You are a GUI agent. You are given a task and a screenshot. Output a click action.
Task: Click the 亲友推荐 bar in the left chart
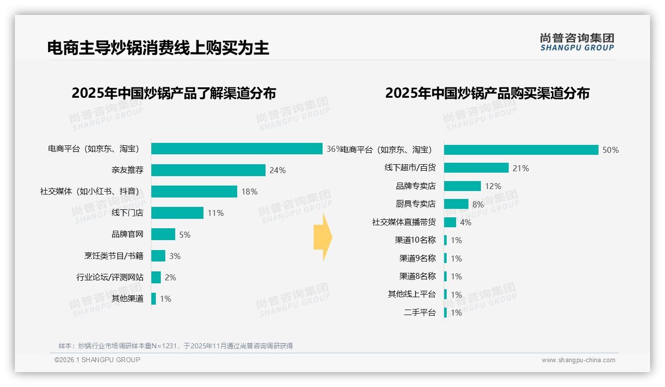pyautogui.click(x=208, y=170)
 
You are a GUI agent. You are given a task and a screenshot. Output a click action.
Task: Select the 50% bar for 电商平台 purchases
pyautogui.click(x=521, y=150)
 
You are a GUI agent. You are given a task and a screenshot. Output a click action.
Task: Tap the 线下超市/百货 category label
pyautogui.click(x=410, y=168)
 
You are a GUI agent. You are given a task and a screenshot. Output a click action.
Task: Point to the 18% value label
pyautogui.click(x=249, y=192)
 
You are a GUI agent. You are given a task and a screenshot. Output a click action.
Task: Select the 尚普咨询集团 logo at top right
pyautogui.click(x=577, y=42)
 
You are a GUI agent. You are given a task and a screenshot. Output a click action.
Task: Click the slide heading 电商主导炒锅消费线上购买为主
pyautogui.click(x=158, y=48)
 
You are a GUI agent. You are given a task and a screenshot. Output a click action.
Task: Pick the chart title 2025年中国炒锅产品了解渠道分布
pyautogui.click(x=174, y=93)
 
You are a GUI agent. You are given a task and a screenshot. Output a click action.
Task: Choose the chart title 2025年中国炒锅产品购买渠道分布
pyautogui.click(x=487, y=93)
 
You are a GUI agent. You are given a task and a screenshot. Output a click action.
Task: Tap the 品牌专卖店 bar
pyautogui.click(x=462, y=186)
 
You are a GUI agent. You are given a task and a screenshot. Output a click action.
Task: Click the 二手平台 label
pyautogui.click(x=420, y=313)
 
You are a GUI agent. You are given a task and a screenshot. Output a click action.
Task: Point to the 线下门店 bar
pyautogui.click(x=177, y=213)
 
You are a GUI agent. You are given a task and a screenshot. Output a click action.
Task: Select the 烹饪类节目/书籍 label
pyautogui.click(x=114, y=256)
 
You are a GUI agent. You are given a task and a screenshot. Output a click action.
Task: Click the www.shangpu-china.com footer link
pyautogui.click(x=578, y=360)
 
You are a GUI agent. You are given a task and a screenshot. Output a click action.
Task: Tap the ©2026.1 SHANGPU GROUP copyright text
pyautogui.click(x=97, y=360)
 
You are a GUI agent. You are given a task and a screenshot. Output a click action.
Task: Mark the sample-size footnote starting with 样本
pyautogui.click(x=176, y=346)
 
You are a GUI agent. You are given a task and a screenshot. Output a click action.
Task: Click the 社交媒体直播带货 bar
pyautogui.click(x=450, y=222)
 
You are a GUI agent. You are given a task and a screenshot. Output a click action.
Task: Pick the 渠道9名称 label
pyautogui.click(x=417, y=258)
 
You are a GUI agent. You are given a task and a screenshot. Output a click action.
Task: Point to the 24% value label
pyautogui.click(x=277, y=170)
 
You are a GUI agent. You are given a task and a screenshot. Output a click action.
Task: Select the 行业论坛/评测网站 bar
pyautogui.click(x=156, y=277)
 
